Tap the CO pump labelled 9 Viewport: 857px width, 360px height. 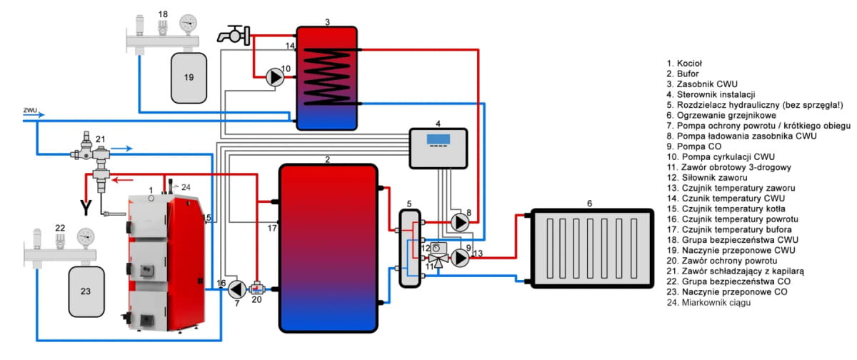coord(461,258)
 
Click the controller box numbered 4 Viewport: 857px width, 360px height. coord(438,148)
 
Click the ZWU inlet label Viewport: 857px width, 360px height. coord(29,111)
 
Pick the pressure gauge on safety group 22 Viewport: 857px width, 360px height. coord(86,235)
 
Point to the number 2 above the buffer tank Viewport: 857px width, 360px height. coord(326,159)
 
